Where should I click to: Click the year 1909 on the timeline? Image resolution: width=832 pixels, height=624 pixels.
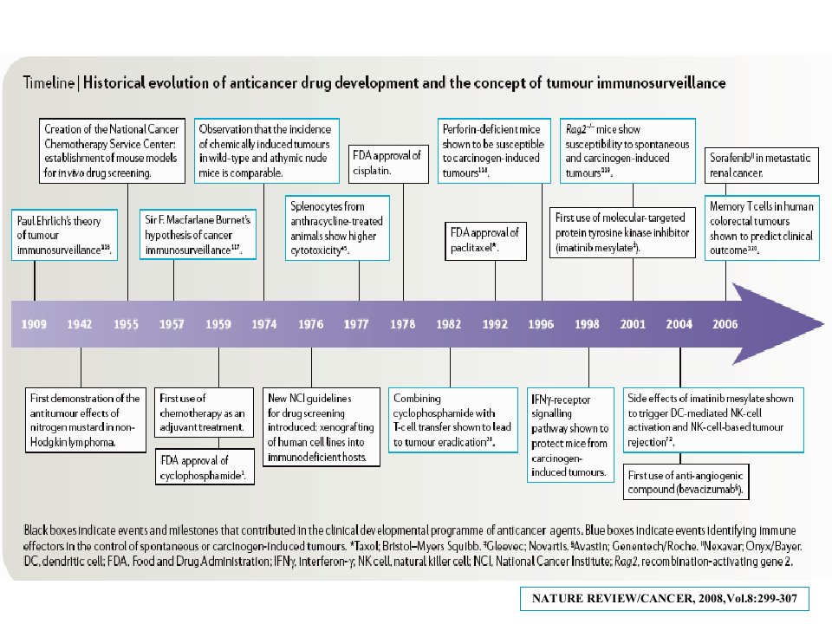pyautogui.click(x=34, y=323)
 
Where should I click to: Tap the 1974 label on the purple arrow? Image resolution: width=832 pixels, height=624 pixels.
pyautogui.click(x=263, y=323)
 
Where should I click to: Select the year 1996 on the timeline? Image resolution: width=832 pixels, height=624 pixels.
pyautogui.click(x=541, y=323)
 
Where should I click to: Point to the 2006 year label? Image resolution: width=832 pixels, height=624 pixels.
pyautogui.click(x=725, y=323)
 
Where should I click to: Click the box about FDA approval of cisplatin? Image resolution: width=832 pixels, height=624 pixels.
pyautogui.click(x=388, y=164)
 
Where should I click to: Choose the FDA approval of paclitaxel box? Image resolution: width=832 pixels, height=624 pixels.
pyautogui.click(x=485, y=241)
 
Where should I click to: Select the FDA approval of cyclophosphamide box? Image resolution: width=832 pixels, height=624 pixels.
pyautogui.click(x=205, y=467)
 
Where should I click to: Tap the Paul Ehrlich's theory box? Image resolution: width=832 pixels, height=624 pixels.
pyautogui.click(x=64, y=235)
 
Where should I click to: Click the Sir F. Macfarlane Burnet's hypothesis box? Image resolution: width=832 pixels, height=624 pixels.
pyautogui.click(x=198, y=234)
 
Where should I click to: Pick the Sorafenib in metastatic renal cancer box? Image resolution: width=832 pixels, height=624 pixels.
pyautogui.click(x=762, y=165)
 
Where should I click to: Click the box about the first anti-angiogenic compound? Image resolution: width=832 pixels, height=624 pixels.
pyautogui.click(x=686, y=482)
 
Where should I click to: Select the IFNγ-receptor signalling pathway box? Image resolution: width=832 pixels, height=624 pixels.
pyautogui.click(x=570, y=435)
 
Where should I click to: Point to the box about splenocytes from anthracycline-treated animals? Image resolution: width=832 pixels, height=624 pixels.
pyautogui.click(x=337, y=228)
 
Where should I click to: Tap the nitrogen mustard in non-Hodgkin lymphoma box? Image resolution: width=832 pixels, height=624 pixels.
pyautogui.click(x=86, y=420)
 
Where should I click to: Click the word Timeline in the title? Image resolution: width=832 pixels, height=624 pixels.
pyautogui.click(x=49, y=83)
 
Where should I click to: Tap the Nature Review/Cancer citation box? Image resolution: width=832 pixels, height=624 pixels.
pyautogui.click(x=665, y=599)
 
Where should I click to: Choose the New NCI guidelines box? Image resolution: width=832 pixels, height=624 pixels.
pyautogui.click(x=322, y=427)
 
